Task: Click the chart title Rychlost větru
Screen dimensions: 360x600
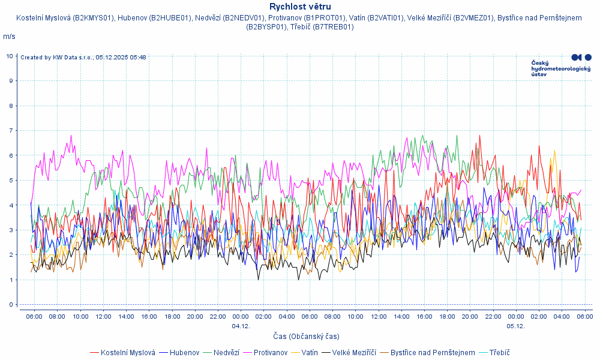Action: pos(300,7)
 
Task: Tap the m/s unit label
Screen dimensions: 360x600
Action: pos(10,37)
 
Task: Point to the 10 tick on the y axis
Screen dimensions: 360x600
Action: pos(10,56)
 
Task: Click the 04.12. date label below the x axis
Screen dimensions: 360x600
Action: pos(241,326)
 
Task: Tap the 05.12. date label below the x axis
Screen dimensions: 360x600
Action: pos(515,326)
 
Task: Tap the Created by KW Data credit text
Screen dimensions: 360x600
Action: pos(83,58)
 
